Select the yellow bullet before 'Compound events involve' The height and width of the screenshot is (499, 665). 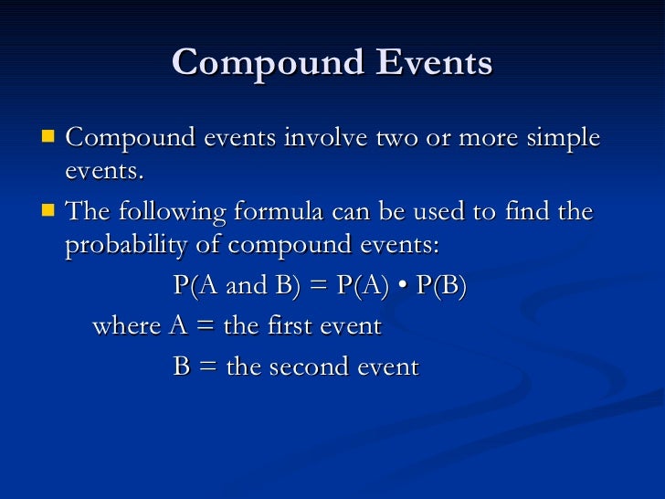pyautogui.click(x=47, y=138)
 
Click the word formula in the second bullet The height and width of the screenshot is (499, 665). pyautogui.click(x=290, y=213)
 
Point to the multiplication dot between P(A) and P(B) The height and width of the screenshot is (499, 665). pyautogui.click(x=404, y=287)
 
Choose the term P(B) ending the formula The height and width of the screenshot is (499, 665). pyautogui.click(x=441, y=286)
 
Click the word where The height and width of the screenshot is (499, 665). pyautogui.click(x=127, y=326)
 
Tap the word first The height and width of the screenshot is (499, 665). pyautogui.click(x=290, y=326)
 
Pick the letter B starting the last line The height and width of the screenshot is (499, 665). pyautogui.click(x=182, y=366)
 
